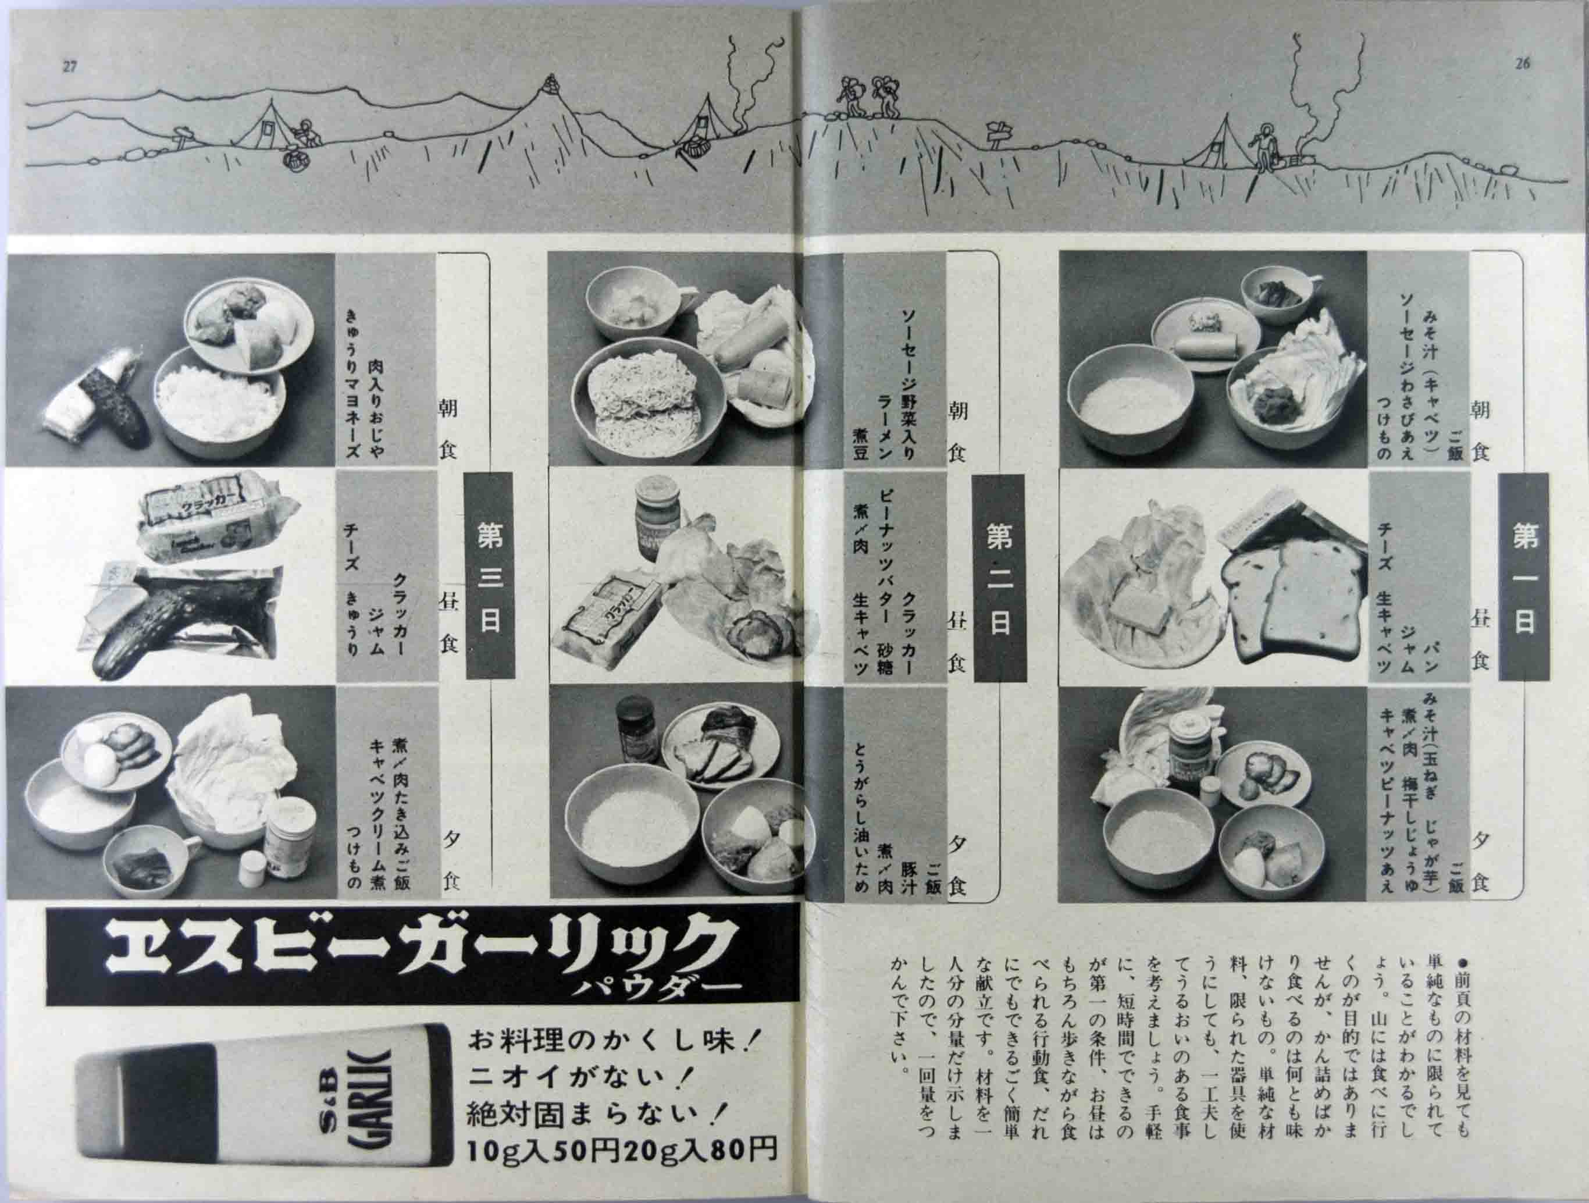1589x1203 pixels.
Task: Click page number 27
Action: [70, 67]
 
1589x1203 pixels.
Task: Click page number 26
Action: [1522, 63]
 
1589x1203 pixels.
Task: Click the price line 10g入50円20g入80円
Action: [621, 1151]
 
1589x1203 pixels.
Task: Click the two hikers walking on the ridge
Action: [868, 98]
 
